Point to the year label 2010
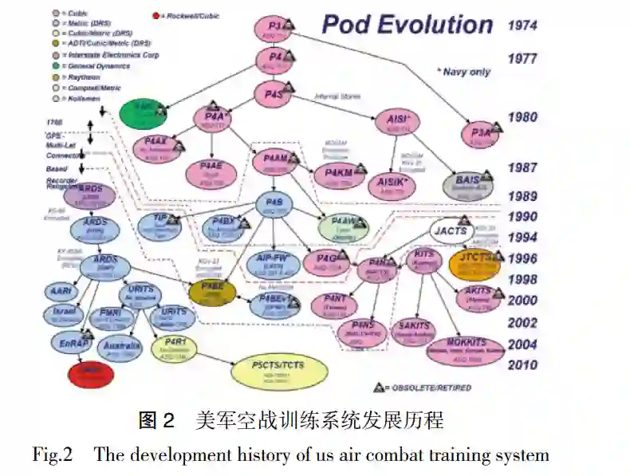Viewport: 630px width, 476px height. (522, 365)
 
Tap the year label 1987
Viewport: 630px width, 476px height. (522, 168)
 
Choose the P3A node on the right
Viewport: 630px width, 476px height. (482, 133)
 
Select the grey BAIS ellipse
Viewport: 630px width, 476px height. (468, 184)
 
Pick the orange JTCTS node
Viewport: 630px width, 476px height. (475, 263)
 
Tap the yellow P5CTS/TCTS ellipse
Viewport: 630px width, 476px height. (278, 369)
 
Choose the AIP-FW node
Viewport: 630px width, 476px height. (274, 262)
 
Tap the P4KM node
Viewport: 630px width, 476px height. (339, 175)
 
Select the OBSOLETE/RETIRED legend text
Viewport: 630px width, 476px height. (430, 387)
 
